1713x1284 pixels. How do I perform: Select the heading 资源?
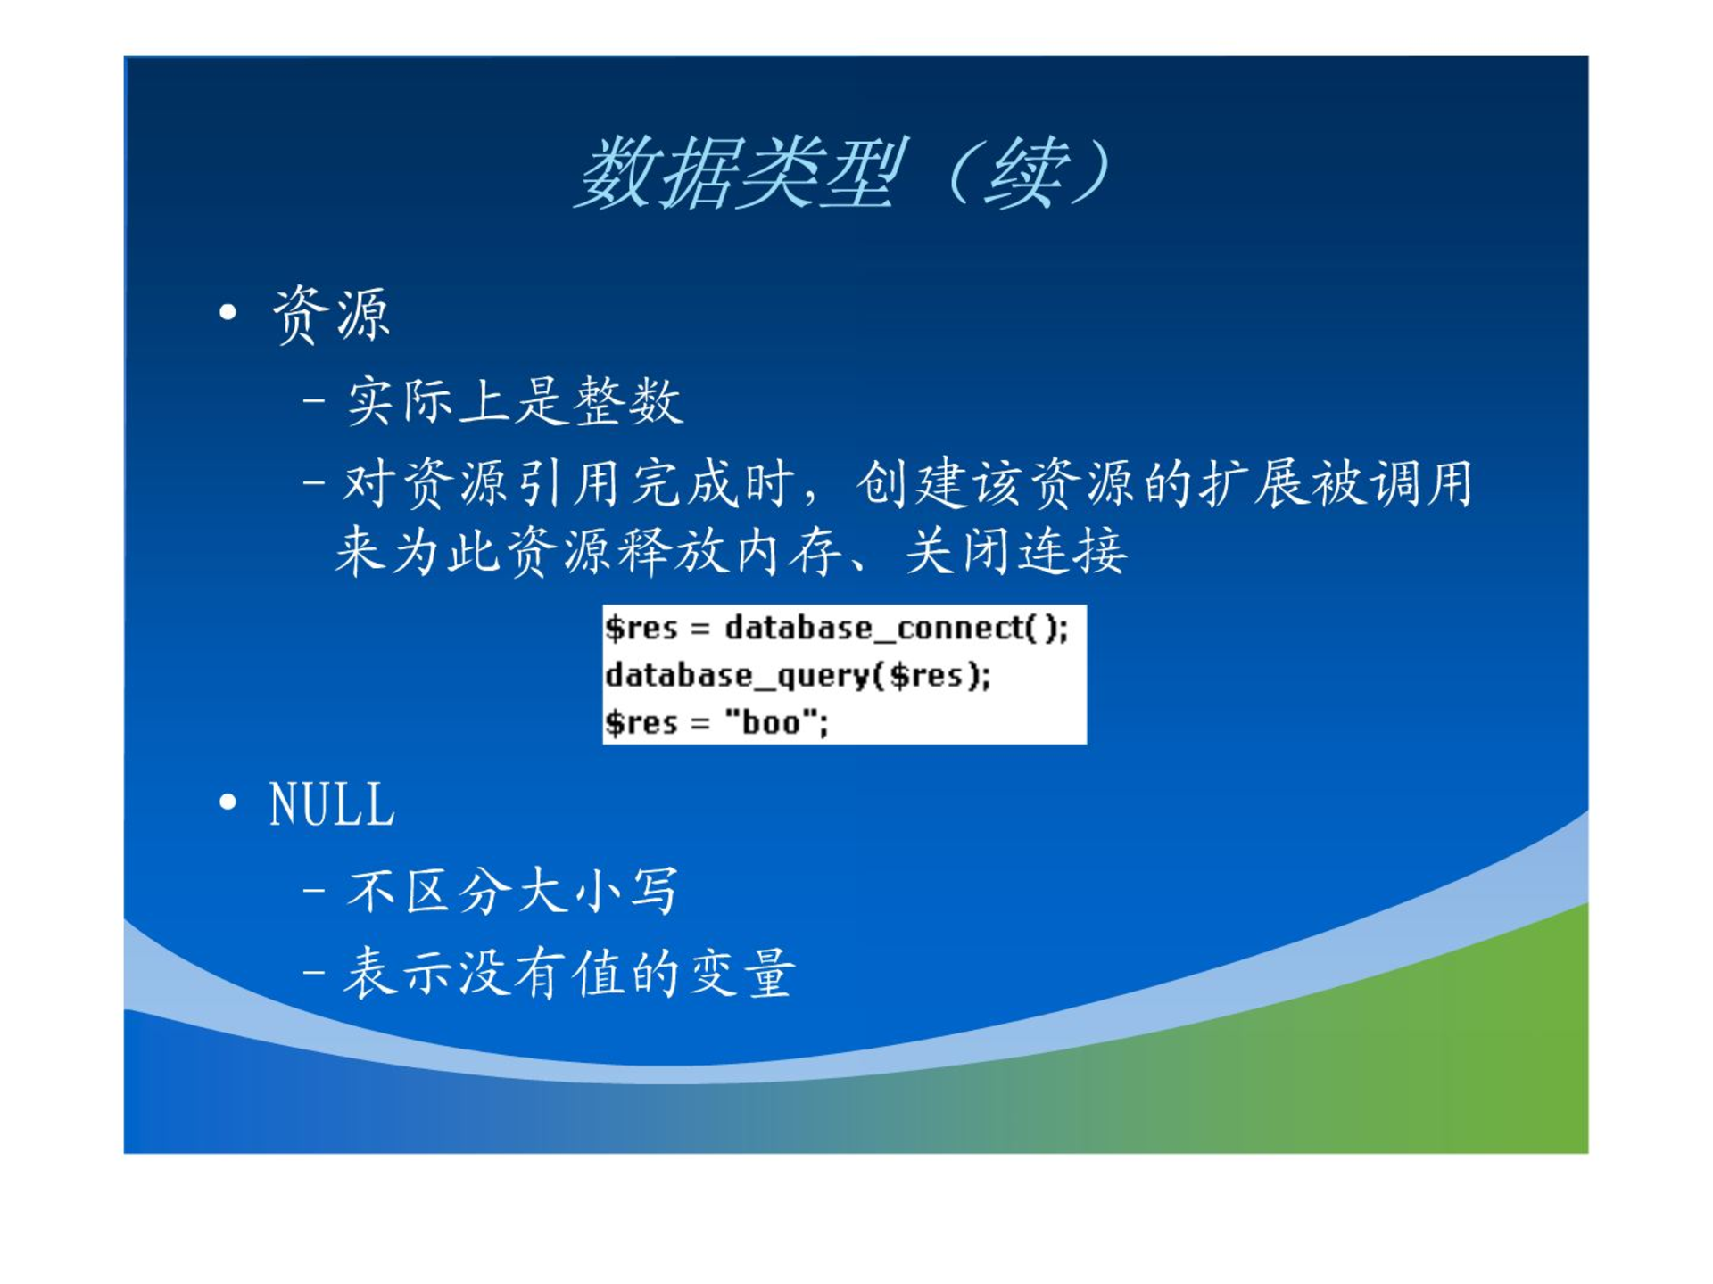click(331, 314)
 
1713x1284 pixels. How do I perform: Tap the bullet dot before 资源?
click(228, 312)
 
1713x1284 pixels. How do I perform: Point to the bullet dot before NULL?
click(228, 802)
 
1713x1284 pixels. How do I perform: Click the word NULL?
click(332, 804)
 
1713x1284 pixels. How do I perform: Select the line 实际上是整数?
click(515, 400)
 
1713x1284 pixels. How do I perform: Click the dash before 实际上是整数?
click(313, 400)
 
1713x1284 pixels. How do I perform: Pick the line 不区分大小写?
click(513, 890)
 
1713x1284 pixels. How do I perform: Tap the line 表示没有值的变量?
click(569, 972)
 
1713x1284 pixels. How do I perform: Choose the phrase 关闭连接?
click(1017, 551)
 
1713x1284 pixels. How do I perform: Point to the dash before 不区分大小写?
click(313, 890)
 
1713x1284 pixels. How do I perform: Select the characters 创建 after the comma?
click(912, 484)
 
